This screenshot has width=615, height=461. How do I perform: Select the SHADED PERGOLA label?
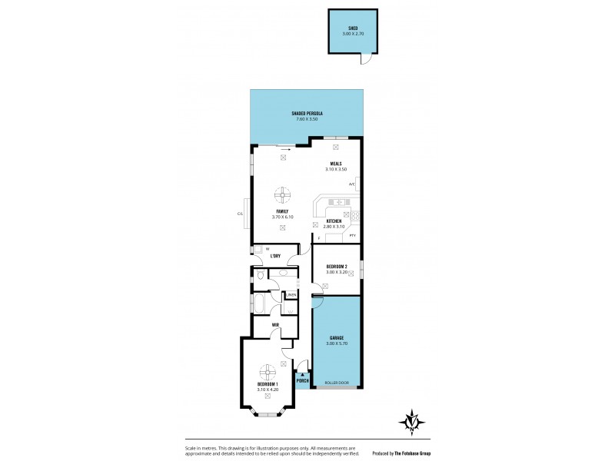point(307,113)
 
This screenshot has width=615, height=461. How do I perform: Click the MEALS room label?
point(336,163)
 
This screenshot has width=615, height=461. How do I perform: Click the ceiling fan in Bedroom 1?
point(269,370)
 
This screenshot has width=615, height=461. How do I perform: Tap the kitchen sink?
point(337,202)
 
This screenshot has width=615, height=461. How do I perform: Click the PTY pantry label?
point(352,237)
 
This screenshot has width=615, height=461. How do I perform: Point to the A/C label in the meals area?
point(352,184)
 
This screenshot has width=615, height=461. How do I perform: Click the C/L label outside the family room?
point(240,213)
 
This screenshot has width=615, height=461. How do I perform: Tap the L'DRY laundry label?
point(275,255)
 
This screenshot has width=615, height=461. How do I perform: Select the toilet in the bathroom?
point(261,274)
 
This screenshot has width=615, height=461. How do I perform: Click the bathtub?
point(258,303)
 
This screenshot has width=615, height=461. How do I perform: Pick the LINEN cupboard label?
point(292,294)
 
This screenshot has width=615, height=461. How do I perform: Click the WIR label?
point(274,324)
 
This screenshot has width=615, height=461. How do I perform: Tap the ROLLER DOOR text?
point(336,383)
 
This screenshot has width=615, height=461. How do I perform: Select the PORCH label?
point(302,380)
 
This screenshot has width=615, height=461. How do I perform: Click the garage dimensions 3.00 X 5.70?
point(336,343)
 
